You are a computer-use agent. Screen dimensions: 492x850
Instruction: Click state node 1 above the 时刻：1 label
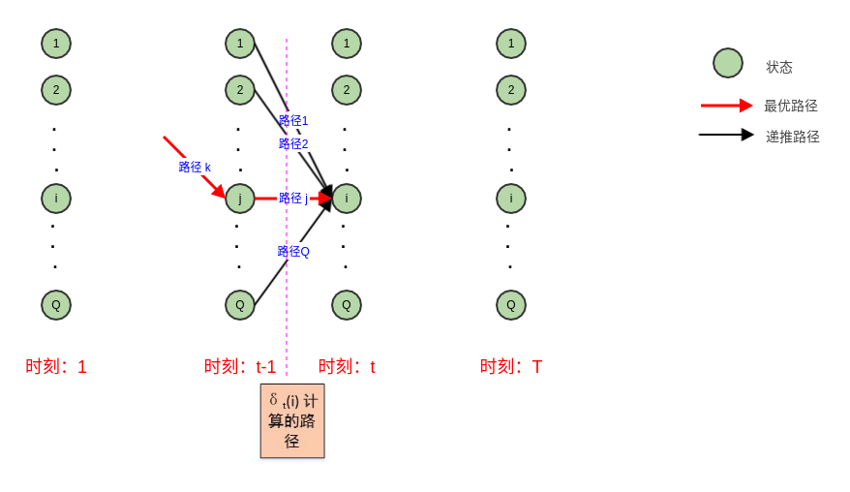click(56, 44)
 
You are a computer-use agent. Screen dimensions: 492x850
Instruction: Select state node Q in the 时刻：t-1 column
click(240, 305)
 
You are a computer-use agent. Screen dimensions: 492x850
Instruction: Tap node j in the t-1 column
click(240, 199)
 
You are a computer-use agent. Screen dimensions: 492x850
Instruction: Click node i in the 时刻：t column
click(347, 199)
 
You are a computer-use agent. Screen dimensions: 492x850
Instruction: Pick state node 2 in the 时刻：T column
click(511, 90)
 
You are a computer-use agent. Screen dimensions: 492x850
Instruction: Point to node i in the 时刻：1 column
click(56, 199)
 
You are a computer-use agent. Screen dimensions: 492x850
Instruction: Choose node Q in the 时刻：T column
click(511, 305)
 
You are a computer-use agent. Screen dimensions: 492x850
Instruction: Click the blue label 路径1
click(293, 121)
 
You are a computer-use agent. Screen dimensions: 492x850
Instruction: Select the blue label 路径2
click(293, 144)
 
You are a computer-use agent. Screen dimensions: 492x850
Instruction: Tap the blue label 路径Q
click(293, 252)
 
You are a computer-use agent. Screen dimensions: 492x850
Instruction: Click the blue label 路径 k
click(195, 168)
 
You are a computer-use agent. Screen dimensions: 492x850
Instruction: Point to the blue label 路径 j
click(293, 199)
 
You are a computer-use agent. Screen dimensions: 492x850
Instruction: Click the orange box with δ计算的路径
click(292, 420)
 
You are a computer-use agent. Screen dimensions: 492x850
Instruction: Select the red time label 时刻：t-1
click(240, 367)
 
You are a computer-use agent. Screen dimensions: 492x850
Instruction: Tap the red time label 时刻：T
click(511, 367)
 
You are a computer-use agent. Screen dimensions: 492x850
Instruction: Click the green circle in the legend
click(728, 63)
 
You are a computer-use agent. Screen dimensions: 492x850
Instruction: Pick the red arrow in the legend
click(726, 106)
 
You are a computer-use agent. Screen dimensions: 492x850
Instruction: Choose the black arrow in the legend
click(726, 135)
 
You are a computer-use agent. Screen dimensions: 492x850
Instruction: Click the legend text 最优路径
click(791, 106)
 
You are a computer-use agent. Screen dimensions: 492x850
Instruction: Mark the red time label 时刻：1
click(56, 367)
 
